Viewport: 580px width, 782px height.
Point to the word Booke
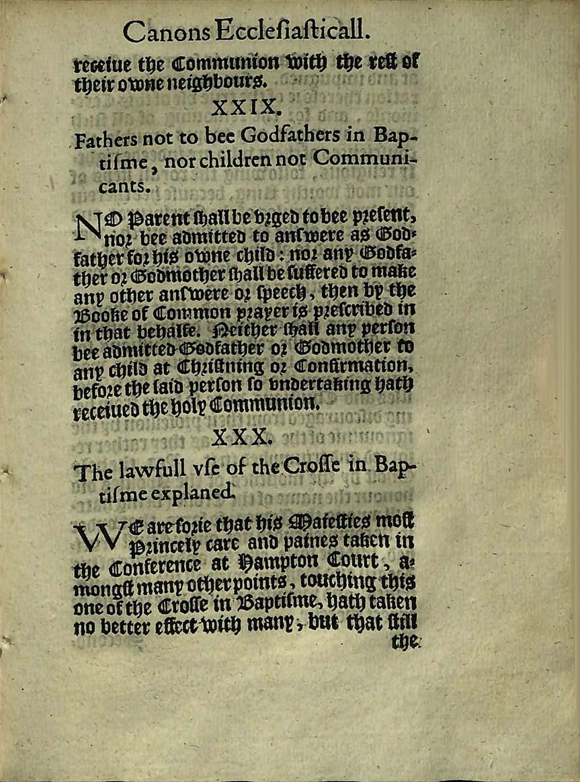97,312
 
